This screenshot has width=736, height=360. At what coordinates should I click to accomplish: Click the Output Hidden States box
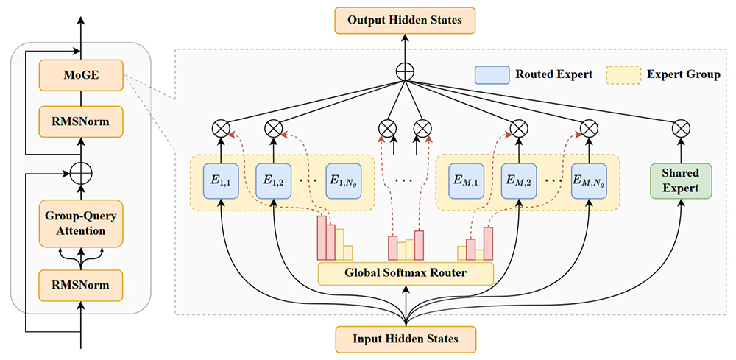pyautogui.click(x=406, y=20)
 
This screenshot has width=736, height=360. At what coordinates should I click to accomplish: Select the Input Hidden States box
pyautogui.click(x=406, y=339)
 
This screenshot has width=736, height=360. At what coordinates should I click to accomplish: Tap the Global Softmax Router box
pyautogui.click(x=406, y=273)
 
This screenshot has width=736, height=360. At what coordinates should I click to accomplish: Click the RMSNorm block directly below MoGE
pyautogui.click(x=80, y=121)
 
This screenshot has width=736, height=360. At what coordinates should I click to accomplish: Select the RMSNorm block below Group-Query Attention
pyautogui.click(x=80, y=283)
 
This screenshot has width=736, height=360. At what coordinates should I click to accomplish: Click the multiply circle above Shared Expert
pyautogui.click(x=682, y=128)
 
